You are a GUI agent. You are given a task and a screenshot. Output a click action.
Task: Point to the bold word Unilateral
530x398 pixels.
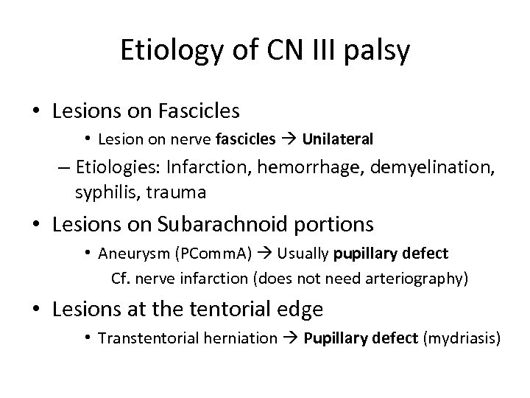pyautogui.click(x=338, y=139)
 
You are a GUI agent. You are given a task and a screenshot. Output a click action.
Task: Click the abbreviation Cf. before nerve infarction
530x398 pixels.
pyautogui.click(x=119, y=279)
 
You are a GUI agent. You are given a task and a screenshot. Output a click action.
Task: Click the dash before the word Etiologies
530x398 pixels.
pyautogui.click(x=63, y=167)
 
